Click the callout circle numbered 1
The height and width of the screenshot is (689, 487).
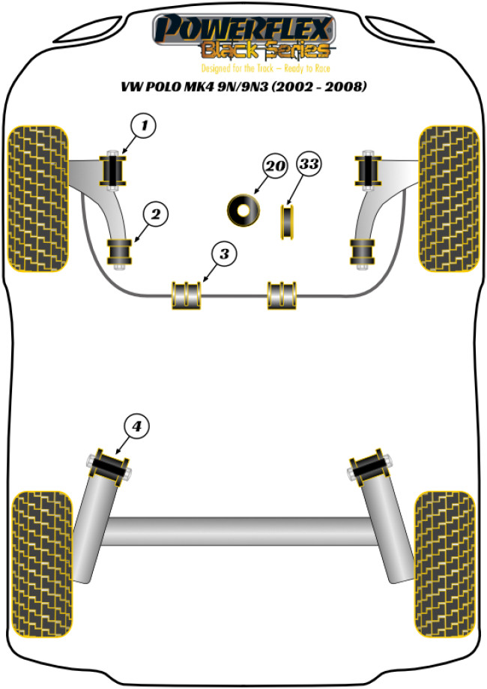pos(144,126)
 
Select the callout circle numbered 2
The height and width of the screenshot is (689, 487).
pos(155,214)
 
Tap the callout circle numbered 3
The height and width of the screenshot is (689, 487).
pos(224,253)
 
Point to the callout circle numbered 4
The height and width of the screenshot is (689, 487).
pos(136,426)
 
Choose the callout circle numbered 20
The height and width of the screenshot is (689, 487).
pos(275,166)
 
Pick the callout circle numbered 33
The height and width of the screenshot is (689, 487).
pos(309,164)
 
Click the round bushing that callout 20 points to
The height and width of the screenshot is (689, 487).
pos(243,211)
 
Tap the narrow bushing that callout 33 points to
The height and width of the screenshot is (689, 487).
pos(287,222)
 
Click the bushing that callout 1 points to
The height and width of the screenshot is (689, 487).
pos(114,170)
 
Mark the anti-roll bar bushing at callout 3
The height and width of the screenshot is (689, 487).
pos(187,295)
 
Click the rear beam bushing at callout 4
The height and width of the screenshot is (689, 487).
pos(109,467)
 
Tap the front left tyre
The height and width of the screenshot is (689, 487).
pos(39,199)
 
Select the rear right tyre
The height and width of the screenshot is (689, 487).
pos(444,565)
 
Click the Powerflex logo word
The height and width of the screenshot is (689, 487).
pos(243,28)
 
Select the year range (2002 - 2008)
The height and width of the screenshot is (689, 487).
pos(319,86)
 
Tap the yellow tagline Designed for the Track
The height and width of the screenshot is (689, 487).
pos(238,68)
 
